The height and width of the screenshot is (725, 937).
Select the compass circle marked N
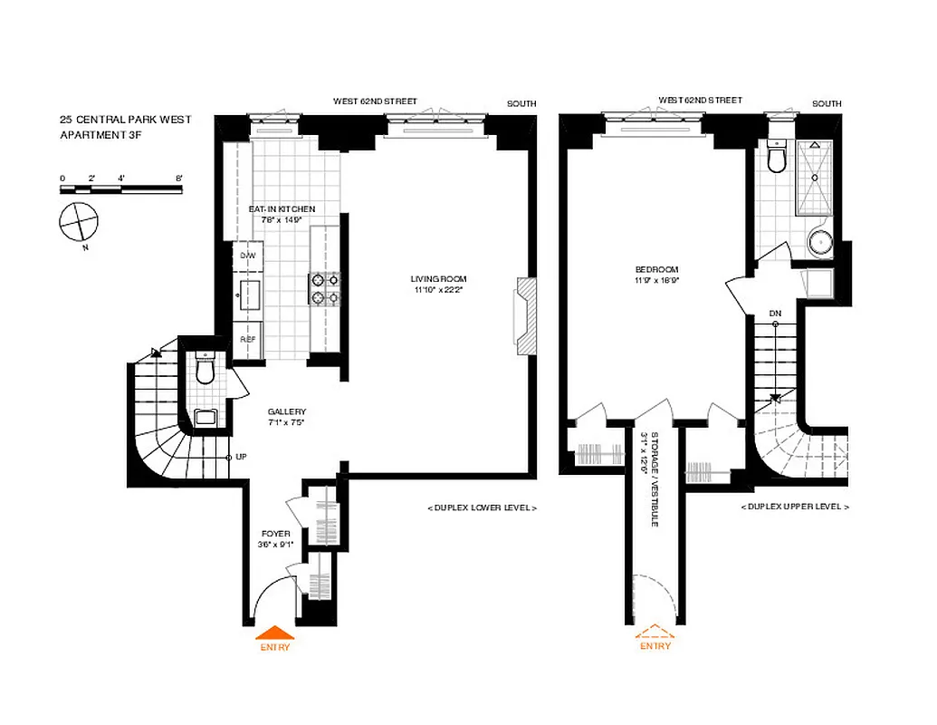pyautogui.click(x=77, y=221)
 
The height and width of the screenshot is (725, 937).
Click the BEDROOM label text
pyautogui.click(x=656, y=270)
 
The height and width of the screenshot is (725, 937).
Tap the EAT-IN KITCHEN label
pyautogui.click(x=282, y=209)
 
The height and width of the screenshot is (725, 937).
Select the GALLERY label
pyautogui.click(x=286, y=411)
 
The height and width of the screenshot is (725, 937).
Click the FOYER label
pyautogui.click(x=275, y=534)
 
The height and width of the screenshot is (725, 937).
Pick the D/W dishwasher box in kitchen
pyautogui.click(x=247, y=256)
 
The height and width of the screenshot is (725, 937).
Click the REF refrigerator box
pyautogui.click(x=247, y=339)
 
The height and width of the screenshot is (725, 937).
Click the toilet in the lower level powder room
pyautogui.click(x=206, y=370)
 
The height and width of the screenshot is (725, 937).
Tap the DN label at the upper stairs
pyautogui.click(x=775, y=314)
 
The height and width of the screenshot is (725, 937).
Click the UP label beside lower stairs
pyautogui.click(x=242, y=457)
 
